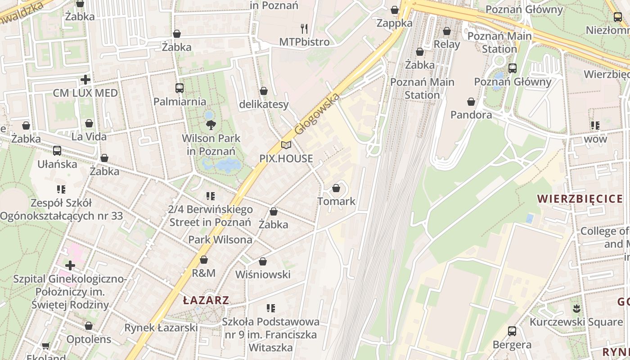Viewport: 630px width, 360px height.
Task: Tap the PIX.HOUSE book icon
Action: click(x=286, y=145)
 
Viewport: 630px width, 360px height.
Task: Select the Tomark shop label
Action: click(x=337, y=201)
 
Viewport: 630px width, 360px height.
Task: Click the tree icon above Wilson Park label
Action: click(x=210, y=125)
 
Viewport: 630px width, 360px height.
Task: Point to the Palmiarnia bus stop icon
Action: click(x=179, y=88)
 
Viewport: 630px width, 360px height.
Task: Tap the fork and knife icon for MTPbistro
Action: click(x=304, y=29)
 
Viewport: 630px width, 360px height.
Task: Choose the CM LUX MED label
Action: click(x=85, y=93)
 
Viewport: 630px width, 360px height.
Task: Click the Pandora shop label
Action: click(x=471, y=115)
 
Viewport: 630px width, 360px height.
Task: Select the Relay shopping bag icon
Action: click(x=447, y=31)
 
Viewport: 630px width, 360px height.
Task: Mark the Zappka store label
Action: click(x=395, y=23)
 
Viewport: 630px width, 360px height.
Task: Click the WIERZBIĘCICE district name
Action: click(x=580, y=199)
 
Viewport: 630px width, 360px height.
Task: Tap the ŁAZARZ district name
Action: click(x=206, y=300)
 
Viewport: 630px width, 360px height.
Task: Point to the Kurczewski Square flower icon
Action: click(x=576, y=309)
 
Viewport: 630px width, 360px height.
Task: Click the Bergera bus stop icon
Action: click(x=512, y=331)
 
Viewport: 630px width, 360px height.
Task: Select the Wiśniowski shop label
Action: click(x=263, y=274)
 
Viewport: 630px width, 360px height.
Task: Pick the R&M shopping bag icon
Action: click(x=204, y=260)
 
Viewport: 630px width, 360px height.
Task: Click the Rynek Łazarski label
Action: click(x=161, y=328)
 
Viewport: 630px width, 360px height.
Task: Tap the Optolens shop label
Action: click(x=89, y=339)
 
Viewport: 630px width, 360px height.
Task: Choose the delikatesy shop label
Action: click(x=264, y=104)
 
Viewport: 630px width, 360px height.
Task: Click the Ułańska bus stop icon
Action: click(x=57, y=151)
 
